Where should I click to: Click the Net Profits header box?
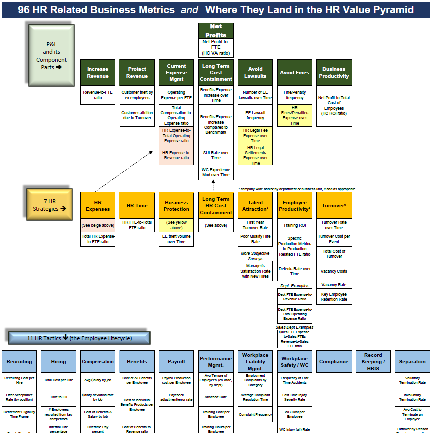pyautogui.click(x=216, y=31)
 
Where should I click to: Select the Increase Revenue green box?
pyautogui.click(x=97, y=73)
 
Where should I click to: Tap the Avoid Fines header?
pyautogui.click(x=295, y=73)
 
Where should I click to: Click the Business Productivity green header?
pyautogui.click(x=334, y=73)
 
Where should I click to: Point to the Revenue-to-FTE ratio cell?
pyautogui.click(x=97, y=95)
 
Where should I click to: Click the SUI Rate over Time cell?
pyautogui.click(x=216, y=155)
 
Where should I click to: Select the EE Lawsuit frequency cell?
pyautogui.click(x=255, y=115)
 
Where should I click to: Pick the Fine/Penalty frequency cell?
pyautogui.click(x=295, y=95)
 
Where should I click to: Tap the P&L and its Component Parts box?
pyautogui.click(x=51, y=55)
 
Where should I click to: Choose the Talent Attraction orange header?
pyautogui.click(x=255, y=206)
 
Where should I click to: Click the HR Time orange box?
pyautogui.click(x=137, y=206)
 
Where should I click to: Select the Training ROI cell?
pyautogui.click(x=295, y=225)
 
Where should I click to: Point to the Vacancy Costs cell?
pyautogui.click(x=334, y=271)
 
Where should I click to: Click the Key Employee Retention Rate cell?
pyautogui.click(x=334, y=297)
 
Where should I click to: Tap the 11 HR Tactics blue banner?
pyautogui.click(x=79, y=338)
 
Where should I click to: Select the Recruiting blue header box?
pyautogui.click(x=19, y=361)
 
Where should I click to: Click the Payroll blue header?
pyautogui.click(x=176, y=361)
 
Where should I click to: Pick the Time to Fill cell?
pyautogui.click(x=58, y=397)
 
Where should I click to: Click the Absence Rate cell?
pyautogui.click(x=216, y=397)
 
